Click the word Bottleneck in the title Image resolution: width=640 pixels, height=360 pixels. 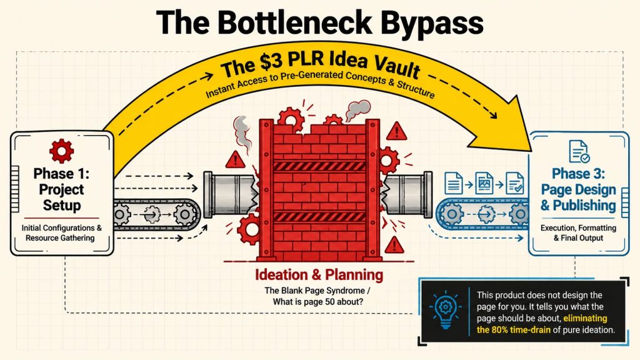coord(294,22)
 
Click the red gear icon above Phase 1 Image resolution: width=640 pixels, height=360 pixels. coord(61,151)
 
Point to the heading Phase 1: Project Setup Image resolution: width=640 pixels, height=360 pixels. coord(61,189)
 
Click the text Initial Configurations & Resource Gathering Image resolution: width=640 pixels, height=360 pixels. coord(61,232)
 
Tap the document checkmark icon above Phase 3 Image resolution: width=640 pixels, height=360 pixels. coord(579,151)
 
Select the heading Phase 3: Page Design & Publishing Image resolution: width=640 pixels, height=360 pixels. coord(578,189)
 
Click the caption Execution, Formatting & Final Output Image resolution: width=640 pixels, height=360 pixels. coord(578,232)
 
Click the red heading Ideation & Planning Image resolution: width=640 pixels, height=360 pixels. coord(319,275)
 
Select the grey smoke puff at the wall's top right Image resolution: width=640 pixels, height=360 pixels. coord(357,110)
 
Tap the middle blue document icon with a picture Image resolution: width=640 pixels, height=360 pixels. coord(484,182)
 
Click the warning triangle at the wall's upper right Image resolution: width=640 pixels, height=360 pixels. coord(396,131)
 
